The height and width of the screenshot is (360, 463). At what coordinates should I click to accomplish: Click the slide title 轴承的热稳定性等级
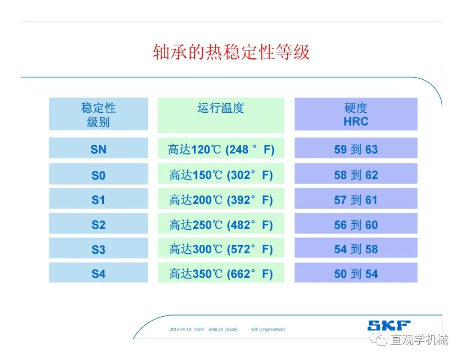click(x=231, y=52)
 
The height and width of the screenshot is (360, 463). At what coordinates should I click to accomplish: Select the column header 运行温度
click(x=221, y=115)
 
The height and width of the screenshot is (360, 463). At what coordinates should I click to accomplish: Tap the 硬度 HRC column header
click(x=356, y=114)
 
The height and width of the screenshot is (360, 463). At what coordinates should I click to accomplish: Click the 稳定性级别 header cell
click(x=99, y=114)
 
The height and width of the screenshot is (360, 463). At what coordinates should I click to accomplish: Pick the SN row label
click(x=99, y=148)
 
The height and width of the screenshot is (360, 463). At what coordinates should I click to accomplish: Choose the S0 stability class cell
click(x=99, y=174)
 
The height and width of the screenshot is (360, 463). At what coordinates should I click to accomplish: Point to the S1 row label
click(x=99, y=198)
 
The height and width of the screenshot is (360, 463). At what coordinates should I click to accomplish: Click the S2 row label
click(x=99, y=224)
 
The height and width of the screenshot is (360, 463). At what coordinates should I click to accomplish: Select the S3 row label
click(x=99, y=249)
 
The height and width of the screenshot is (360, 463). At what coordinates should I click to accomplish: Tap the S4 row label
click(x=99, y=273)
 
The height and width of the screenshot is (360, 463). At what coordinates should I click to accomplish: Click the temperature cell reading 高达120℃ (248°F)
click(x=221, y=148)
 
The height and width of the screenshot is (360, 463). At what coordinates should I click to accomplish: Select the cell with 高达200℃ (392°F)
click(x=221, y=198)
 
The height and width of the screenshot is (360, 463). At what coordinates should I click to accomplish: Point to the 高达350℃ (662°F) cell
click(x=221, y=273)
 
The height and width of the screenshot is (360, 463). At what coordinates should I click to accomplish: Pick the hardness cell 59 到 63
click(x=356, y=148)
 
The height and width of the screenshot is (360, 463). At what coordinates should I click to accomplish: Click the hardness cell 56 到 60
click(x=356, y=224)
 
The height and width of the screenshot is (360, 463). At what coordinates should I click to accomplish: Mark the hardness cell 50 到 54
click(x=356, y=273)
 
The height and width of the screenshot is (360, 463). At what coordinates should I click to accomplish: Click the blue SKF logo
click(x=389, y=325)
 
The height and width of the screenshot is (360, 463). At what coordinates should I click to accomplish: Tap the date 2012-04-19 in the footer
click(x=180, y=329)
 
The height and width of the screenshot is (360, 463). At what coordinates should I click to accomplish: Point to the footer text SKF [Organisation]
click(x=268, y=329)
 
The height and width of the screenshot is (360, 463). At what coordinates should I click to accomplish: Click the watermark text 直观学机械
click(x=419, y=339)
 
